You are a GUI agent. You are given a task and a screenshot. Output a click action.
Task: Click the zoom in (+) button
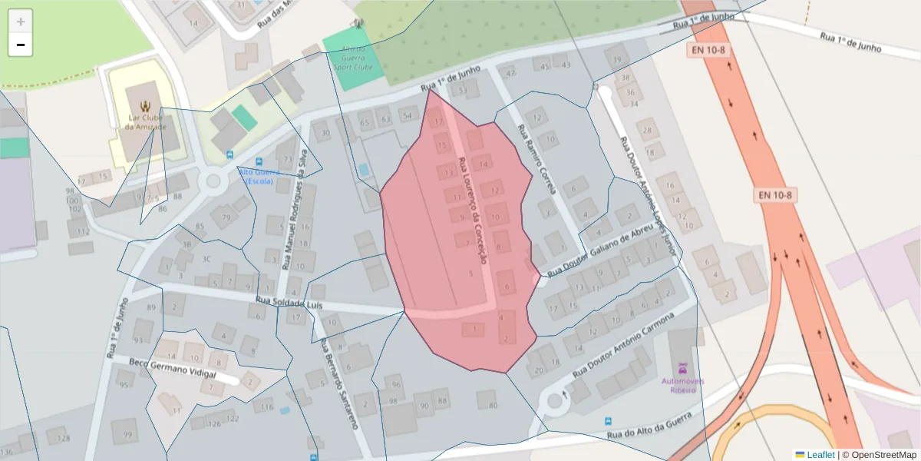point(21,22)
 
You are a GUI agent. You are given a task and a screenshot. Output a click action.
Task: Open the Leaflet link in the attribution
point(820,455)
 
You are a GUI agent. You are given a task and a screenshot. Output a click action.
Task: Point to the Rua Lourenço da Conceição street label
point(473,211)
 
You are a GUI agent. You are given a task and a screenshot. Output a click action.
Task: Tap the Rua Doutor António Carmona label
point(622,344)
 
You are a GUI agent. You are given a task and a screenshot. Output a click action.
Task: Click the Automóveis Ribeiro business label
point(679,385)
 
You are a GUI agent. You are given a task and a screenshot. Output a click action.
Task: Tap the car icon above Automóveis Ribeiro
point(680,368)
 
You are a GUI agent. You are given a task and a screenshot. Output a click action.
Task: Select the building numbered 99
point(127,434)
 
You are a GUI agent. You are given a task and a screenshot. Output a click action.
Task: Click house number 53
point(463,91)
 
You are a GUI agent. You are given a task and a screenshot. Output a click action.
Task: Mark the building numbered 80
point(493,405)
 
